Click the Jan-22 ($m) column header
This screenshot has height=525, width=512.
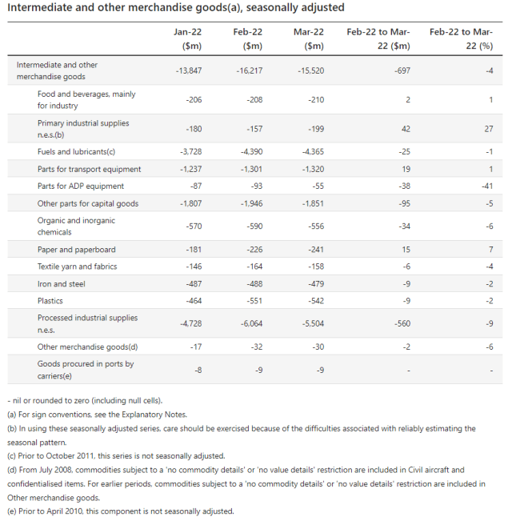pyautogui.click(x=187, y=39)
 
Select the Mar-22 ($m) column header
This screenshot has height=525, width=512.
pyautogui.click(x=309, y=39)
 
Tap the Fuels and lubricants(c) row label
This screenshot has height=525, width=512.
pyautogui.click(x=76, y=152)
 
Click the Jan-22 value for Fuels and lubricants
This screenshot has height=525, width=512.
pyautogui.click(x=191, y=152)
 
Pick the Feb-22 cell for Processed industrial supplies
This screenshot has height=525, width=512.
pyautogui.click(x=252, y=323)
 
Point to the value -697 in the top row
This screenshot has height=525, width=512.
pyautogui.click(x=402, y=70)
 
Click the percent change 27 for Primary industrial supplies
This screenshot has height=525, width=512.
pyautogui.click(x=489, y=129)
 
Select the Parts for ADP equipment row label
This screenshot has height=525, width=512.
pyautogui.click(x=81, y=186)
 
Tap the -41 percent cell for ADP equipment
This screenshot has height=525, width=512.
pyautogui.click(x=487, y=186)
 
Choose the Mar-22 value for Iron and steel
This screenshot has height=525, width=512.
pyautogui.click(x=316, y=284)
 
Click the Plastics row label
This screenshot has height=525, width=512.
pyautogui.click(x=50, y=301)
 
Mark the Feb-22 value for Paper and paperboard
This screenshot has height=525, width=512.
pyautogui.click(x=254, y=250)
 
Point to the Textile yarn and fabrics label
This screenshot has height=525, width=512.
pyautogui.click(x=78, y=267)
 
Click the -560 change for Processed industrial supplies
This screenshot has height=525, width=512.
pyautogui.click(x=402, y=323)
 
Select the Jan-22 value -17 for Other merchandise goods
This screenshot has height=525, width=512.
pyautogui.click(x=196, y=347)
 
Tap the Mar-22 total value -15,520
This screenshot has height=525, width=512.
pyautogui.click(x=311, y=70)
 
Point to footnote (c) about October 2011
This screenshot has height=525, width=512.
pyautogui.click(x=116, y=456)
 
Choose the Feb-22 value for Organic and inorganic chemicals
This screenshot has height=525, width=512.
pyautogui.click(x=254, y=226)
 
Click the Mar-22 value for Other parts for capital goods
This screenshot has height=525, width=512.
pyautogui.click(x=314, y=203)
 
